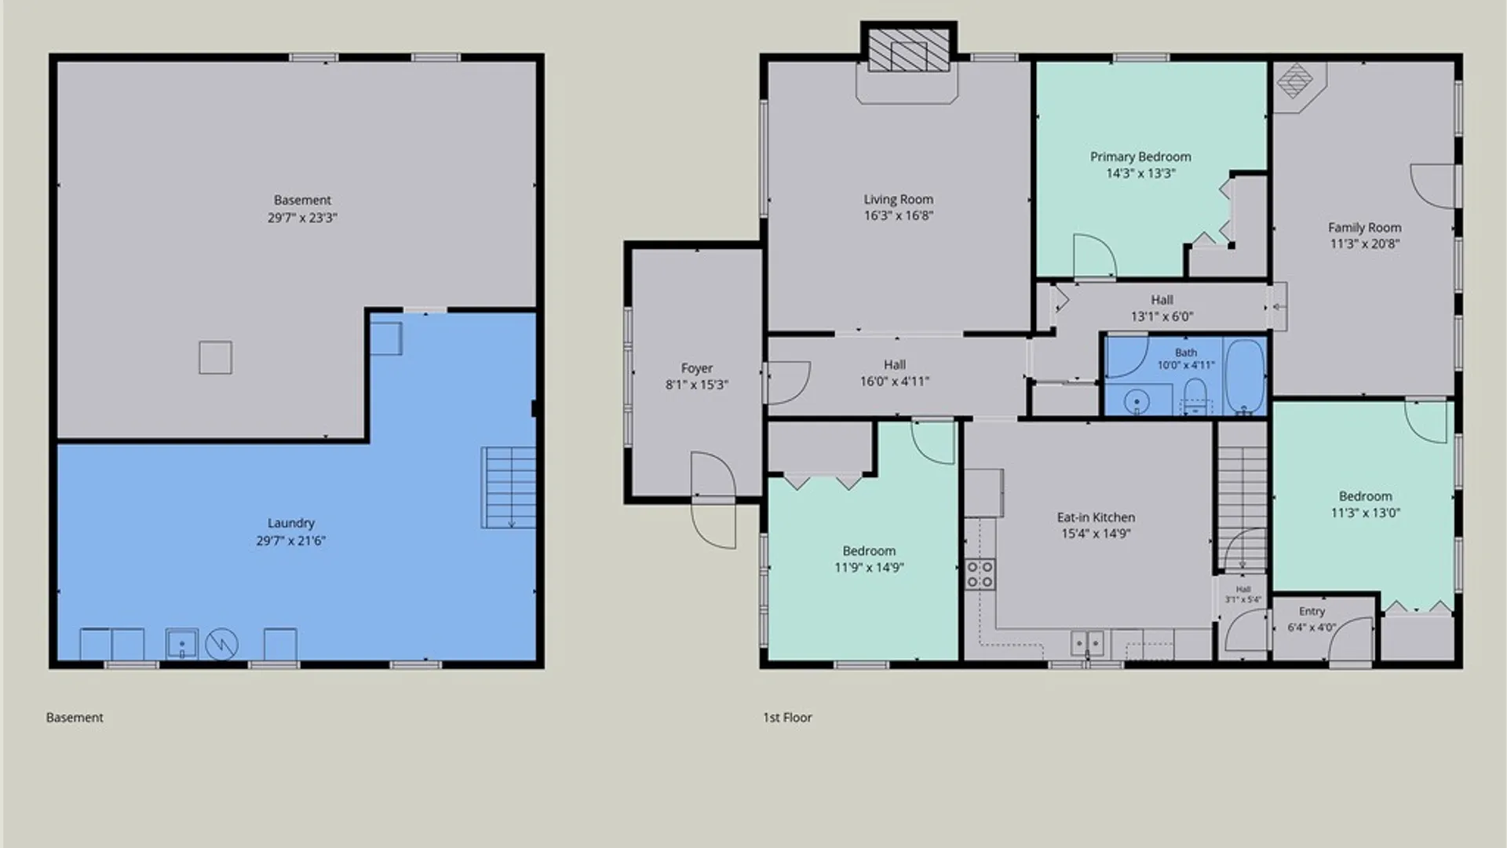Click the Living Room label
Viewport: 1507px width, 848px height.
[x=898, y=199]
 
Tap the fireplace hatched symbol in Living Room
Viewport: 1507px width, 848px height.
[x=909, y=52]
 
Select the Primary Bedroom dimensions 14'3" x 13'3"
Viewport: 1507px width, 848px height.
[x=1140, y=174]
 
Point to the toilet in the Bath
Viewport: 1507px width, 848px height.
[x=1195, y=397]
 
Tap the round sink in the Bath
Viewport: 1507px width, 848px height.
[x=1137, y=402]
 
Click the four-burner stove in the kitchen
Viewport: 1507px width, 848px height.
[x=980, y=574]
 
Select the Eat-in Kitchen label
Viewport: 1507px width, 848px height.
[x=1096, y=517]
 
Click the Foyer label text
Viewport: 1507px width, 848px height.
[x=696, y=368]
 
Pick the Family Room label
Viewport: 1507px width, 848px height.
[x=1364, y=228]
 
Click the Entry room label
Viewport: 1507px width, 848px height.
[x=1312, y=612]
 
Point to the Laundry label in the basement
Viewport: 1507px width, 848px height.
[x=290, y=524]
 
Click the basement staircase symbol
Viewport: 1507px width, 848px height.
[x=509, y=488]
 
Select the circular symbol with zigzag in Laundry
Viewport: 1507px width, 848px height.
[x=221, y=645]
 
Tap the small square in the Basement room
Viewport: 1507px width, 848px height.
[x=215, y=357]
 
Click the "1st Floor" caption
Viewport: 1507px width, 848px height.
[x=787, y=717]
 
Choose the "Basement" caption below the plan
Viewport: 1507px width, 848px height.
[x=75, y=717]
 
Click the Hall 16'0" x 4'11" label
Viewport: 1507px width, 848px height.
[x=895, y=373]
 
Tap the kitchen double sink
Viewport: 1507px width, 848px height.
[x=1087, y=643]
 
